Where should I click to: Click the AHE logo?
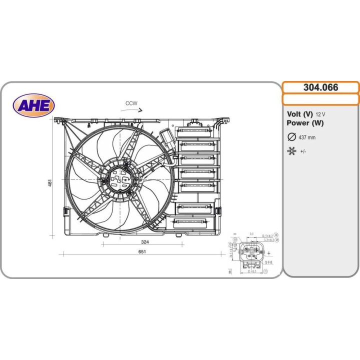pos(34,105)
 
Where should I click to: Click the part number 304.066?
pos(320,87)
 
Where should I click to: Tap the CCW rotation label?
pos(131,103)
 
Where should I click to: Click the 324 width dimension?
pos(145,241)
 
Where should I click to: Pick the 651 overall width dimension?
pos(142,251)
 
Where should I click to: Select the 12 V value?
pos(320,114)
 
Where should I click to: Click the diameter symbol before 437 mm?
pos(291,137)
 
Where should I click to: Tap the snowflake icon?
pos(291,150)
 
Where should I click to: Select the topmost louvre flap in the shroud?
pos(198,131)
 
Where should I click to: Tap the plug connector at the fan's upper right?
pos(166,137)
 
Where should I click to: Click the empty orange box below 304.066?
pos(320,99)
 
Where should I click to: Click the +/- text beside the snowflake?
pos(303,151)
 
